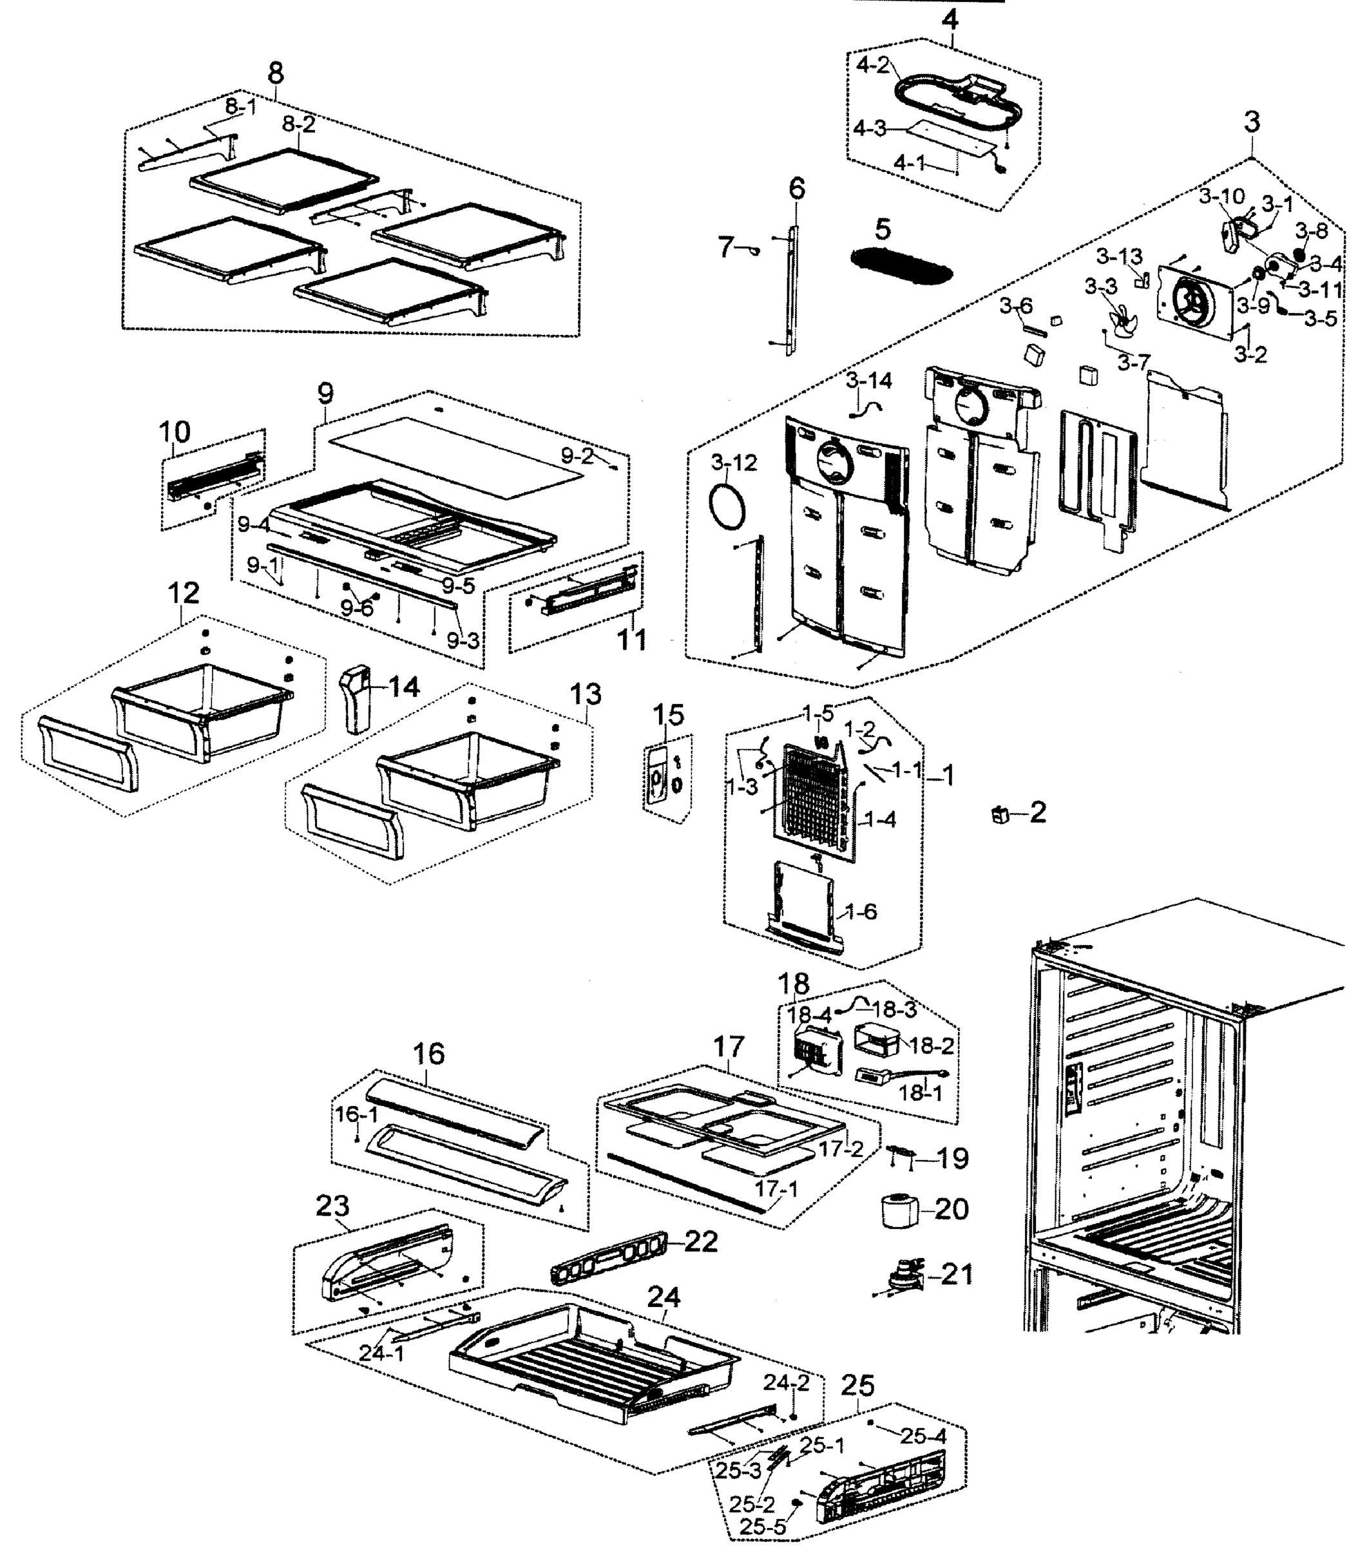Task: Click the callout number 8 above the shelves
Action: (276, 73)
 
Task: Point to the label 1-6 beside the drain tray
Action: (860, 911)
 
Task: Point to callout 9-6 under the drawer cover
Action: (356, 608)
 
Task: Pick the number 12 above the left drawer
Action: (184, 593)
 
